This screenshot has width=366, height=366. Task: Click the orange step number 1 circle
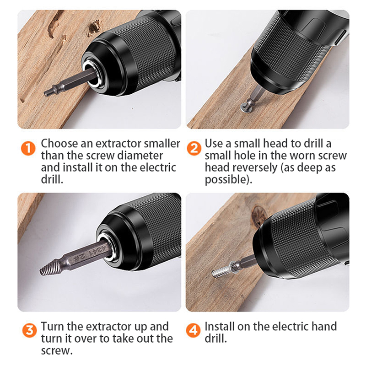(28, 148)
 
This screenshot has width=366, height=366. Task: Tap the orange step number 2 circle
(194, 148)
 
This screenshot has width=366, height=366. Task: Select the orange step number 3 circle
(29, 330)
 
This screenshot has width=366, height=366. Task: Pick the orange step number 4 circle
(193, 330)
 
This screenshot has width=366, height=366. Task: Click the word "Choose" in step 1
(59, 143)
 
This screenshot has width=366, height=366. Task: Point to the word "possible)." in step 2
(228, 180)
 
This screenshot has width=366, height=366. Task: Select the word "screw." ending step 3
(57, 350)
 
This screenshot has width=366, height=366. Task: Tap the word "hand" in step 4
(324, 326)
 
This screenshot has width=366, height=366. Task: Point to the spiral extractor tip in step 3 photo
(48, 268)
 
